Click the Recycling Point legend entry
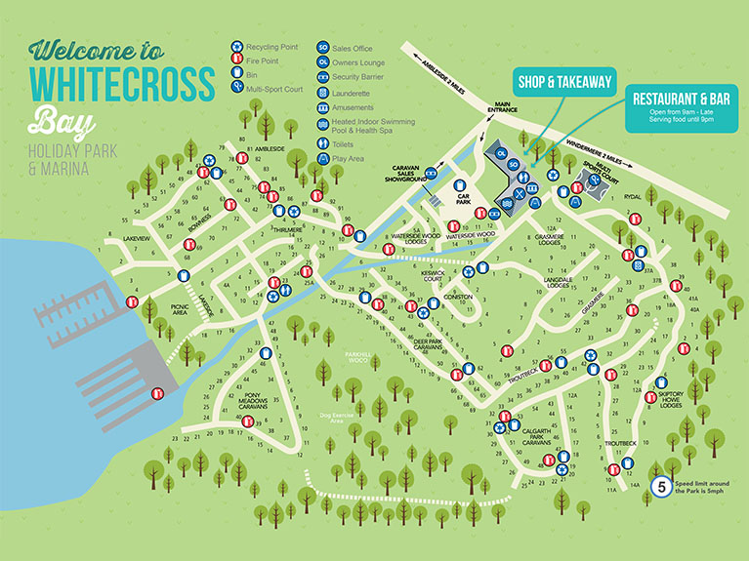[268, 46]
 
